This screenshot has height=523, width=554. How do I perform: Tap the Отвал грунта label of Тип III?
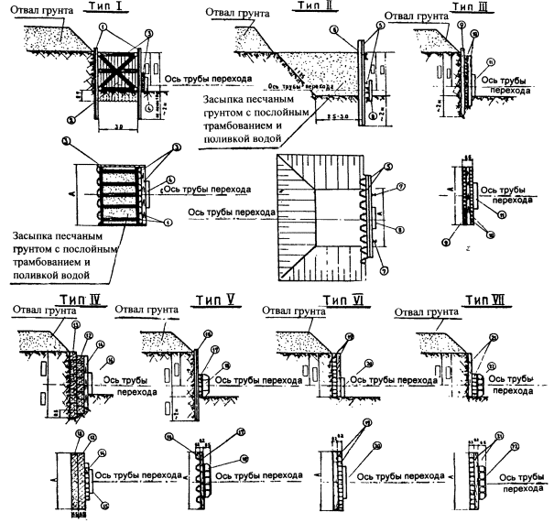click(413, 16)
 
